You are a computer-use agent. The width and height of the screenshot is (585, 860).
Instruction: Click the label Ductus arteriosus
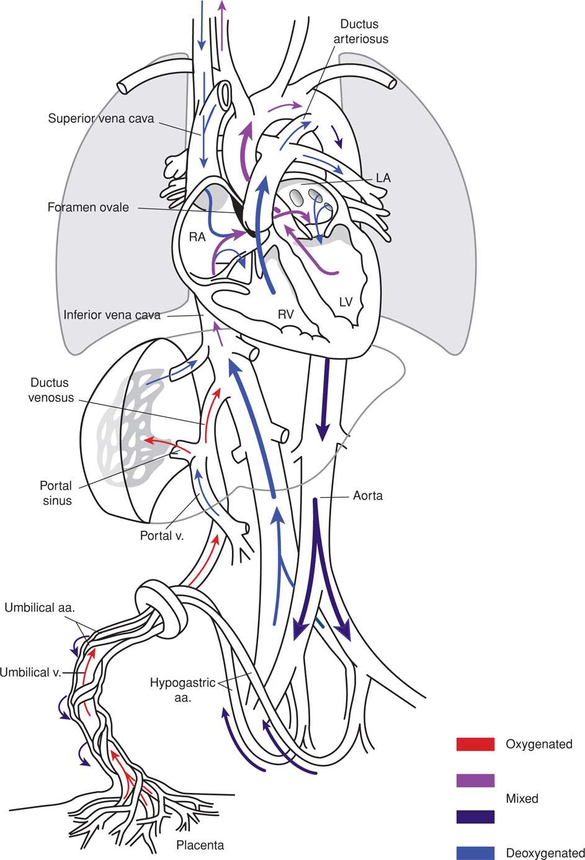[x=364, y=31]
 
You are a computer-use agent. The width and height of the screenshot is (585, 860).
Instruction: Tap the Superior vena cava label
[x=100, y=118]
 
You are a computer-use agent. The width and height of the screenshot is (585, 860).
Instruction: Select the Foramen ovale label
[x=88, y=207]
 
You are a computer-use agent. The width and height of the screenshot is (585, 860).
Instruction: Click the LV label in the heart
[x=346, y=302]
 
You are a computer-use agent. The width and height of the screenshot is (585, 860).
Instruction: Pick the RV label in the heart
[x=285, y=315]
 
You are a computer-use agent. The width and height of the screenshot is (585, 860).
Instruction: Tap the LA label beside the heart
[x=383, y=178]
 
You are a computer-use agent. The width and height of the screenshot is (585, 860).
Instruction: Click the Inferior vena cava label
[x=112, y=315]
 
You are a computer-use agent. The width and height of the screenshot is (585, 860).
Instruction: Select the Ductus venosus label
[x=48, y=390]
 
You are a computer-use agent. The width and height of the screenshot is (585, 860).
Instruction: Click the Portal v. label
[x=162, y=535]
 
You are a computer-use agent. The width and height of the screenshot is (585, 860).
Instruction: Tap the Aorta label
[x=368, y=496]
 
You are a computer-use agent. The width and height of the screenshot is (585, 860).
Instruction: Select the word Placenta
[x=200, y=844]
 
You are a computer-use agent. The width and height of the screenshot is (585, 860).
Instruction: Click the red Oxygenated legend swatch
[x=475, y=744]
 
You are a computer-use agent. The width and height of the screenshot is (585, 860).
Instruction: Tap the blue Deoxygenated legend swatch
[x=475, y=853]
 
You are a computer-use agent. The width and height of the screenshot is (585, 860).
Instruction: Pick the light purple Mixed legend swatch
[x=475, y=781]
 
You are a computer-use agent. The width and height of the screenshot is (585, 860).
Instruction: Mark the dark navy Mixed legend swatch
[x=475, y=817]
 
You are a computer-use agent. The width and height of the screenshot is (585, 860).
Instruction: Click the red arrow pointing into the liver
[x=163, y=443]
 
